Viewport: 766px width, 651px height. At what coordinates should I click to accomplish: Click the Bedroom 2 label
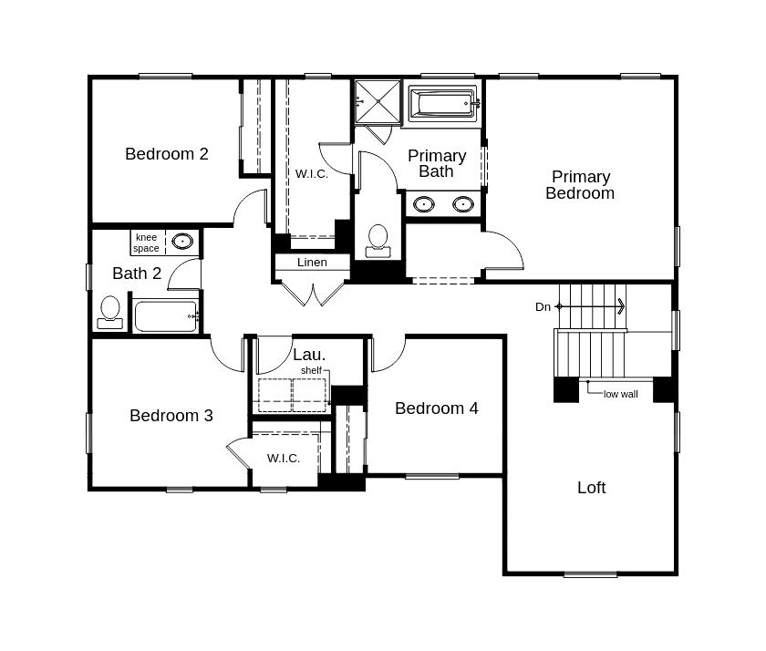[167, 154]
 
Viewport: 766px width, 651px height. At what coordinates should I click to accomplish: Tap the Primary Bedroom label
[580, 185]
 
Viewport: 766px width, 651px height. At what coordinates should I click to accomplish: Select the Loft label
[591, 488]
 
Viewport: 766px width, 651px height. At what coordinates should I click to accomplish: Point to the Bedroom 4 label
[436, 408]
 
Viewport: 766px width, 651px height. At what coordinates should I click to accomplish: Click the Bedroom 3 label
[171, 416]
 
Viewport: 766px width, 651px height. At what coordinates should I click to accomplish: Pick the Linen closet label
[312, 263]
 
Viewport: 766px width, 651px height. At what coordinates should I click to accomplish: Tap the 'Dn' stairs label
[543, 307]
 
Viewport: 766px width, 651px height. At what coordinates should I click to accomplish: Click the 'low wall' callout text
[621, 394]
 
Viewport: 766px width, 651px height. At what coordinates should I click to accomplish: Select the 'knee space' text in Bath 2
[146, 243]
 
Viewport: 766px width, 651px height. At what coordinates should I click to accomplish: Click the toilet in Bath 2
[110, 311]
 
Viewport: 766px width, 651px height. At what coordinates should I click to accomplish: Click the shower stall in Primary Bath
[378, 101]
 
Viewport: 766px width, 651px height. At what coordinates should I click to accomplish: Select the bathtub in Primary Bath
[443, 103]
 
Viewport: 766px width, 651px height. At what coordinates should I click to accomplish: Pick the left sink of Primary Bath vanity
[423, 203]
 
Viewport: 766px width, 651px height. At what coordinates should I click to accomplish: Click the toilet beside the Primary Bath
[377, 240]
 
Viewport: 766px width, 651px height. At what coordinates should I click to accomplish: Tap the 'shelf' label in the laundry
[311, 370]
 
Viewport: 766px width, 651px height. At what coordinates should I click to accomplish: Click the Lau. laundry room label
[309, 355]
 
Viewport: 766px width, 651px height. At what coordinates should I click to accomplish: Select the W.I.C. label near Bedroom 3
[284, 458]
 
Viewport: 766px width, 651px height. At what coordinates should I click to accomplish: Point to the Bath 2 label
[137, 274]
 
